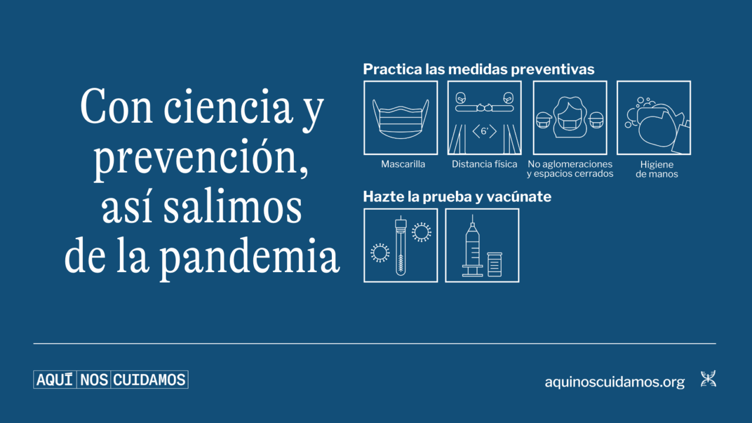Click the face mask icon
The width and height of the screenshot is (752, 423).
point(401,119)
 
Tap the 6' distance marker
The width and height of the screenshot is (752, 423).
point(485,131)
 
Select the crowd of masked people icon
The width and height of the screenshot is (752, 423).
point(570,117)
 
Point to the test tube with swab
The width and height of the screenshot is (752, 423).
point(401,246)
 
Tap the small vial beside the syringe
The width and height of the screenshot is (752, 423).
point(495,264)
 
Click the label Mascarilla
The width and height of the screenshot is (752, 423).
point(403,164)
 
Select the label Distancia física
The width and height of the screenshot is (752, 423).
point(485,164)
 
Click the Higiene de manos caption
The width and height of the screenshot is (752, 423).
point(657,169)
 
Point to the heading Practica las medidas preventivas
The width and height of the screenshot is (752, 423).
point(479,69)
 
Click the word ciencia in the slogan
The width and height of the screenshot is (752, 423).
point(228,107)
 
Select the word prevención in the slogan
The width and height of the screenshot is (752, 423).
point(201,159)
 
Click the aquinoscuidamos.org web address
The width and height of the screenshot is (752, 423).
point(615,382)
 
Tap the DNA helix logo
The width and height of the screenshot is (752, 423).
point(709,379)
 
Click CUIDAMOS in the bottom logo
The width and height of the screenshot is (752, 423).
point(149,380)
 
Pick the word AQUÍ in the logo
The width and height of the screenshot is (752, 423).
point(55,380)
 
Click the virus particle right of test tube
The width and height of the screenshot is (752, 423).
point(422,232)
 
